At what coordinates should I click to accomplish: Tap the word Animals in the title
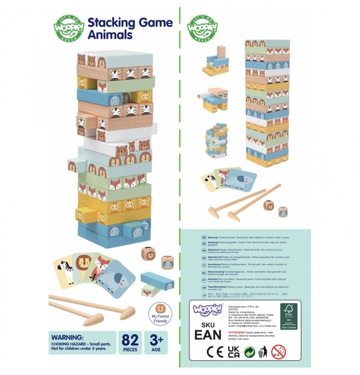point(110,34)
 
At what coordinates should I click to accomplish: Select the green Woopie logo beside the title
point(69,28)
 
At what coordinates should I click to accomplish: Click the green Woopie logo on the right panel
point(203,28)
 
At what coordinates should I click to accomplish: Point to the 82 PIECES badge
point(130,342)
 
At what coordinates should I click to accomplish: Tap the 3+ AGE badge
point(156,342)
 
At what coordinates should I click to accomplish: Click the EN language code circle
point(204,237)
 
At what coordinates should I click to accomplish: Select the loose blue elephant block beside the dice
point(157,281)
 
